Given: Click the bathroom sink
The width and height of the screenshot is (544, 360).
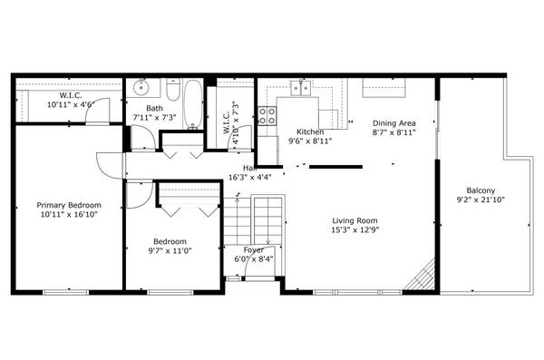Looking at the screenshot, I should (x=140, y=90).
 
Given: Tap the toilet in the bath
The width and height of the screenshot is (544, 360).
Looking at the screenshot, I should (x=171, y=92).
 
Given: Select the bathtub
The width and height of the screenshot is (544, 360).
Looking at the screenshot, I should (x=192, y=102).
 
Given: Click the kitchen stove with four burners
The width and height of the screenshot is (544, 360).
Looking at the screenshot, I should (x=267, y=115).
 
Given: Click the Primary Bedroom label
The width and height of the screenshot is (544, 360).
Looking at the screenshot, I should (x=69, y=205).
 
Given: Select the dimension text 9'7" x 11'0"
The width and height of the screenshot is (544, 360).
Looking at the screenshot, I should (x=170, y=251).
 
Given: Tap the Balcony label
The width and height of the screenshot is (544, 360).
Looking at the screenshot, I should (x=481, y=190).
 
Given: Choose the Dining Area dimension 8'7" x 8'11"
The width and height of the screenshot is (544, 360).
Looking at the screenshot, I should (x=393, y=132).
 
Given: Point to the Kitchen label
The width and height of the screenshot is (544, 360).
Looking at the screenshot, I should (x=309, y=131).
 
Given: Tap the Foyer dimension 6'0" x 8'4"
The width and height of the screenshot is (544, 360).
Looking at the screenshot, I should (x=254, y=258).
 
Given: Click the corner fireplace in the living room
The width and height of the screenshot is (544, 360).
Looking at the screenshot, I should (x=420, y=277).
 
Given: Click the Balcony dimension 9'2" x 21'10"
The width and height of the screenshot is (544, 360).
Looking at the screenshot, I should (x=481, y=199).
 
